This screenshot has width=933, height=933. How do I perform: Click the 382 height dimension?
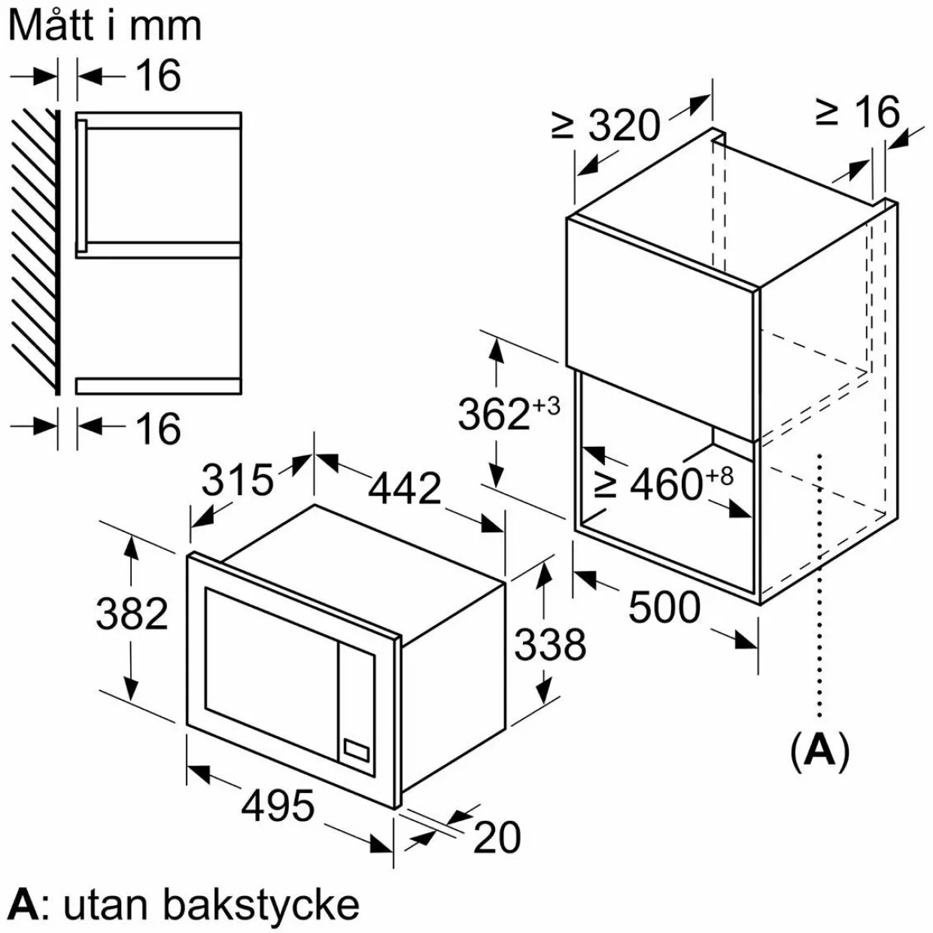(x=132, y=613)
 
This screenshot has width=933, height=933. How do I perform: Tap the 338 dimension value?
(x=550, y=644)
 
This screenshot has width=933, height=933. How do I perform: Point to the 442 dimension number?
(x=405, y=488)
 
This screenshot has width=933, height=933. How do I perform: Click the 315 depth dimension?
(x=238, y=480)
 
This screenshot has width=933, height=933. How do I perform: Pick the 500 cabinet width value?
(x=664, y=607)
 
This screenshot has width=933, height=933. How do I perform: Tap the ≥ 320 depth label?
(x=606, y=126)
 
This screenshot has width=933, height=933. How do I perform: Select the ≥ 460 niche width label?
(x=649, y=485)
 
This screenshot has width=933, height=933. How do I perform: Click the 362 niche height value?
(x=494, y=415)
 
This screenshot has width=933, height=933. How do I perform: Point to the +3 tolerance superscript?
(x=546, y=406)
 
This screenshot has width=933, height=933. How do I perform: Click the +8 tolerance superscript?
(x=719, y=476)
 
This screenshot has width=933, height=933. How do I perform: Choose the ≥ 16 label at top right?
(x=858, y=112)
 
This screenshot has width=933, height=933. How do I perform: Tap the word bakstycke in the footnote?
(x=261, y=904)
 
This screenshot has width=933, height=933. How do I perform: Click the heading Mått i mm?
(x=105, y=26)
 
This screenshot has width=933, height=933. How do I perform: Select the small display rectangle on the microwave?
(x=357, y=761)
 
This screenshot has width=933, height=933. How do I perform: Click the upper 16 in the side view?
(x=158, y=75)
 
